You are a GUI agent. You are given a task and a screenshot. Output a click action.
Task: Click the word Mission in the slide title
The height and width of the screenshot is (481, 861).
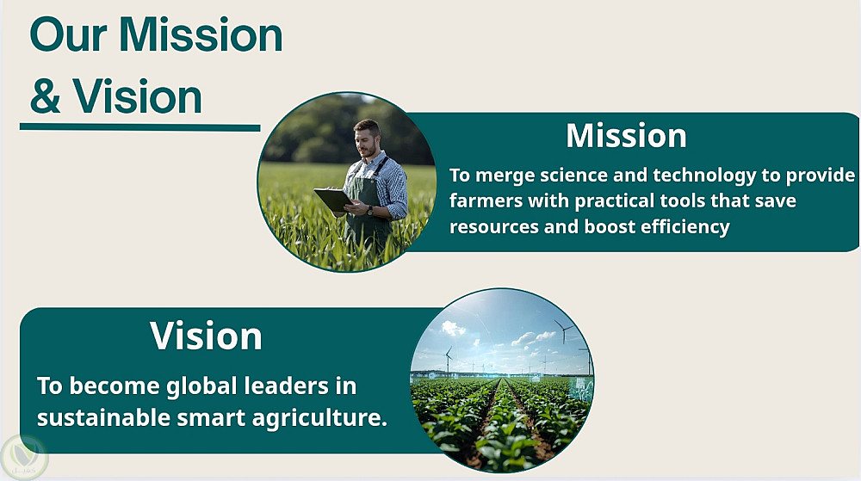201,35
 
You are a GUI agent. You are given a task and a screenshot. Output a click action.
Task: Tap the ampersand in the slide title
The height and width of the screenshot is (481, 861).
45,96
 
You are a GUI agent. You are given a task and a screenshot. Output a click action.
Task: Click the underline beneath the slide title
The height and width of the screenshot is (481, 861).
140,127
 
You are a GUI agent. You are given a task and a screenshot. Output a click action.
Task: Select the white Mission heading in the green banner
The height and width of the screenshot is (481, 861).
627,135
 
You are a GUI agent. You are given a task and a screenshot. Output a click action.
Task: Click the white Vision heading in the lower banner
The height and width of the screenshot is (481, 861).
206,336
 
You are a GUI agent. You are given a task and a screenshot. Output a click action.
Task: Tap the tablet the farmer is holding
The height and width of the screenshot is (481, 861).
333,199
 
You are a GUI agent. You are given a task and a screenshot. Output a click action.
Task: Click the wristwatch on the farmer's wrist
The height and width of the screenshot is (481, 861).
370,210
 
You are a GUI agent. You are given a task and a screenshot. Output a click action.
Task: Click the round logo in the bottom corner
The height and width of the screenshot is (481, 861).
24,458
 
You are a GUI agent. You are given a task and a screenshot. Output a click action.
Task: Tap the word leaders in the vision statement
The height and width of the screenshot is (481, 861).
286,386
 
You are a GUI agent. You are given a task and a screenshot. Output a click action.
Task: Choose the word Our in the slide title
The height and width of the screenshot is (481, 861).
68,35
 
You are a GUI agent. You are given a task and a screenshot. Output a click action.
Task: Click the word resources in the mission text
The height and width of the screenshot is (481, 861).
493,227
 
